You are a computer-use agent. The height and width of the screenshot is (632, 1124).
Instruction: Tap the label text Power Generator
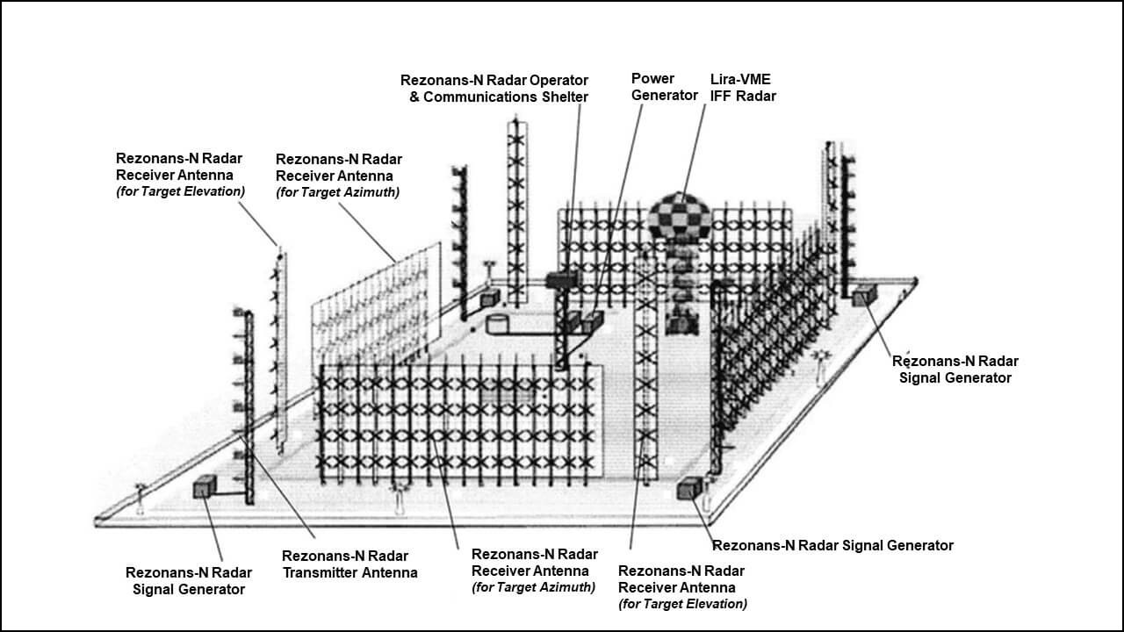click(664, 87)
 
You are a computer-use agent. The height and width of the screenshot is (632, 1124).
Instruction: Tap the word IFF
click(723, 97)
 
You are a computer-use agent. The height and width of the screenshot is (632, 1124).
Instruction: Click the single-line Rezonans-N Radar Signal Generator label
click(832, 545)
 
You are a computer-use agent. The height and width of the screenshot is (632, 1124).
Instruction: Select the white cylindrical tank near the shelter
click(498, 323)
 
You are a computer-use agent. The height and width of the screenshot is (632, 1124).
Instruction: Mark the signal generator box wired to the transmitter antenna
click(205, 487)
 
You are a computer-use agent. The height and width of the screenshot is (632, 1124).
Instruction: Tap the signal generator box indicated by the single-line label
click(688, 489)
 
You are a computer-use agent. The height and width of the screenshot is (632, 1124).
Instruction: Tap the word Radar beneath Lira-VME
click(756, 97)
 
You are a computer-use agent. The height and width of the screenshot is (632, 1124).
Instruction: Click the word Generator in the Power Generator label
click(664, 96)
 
